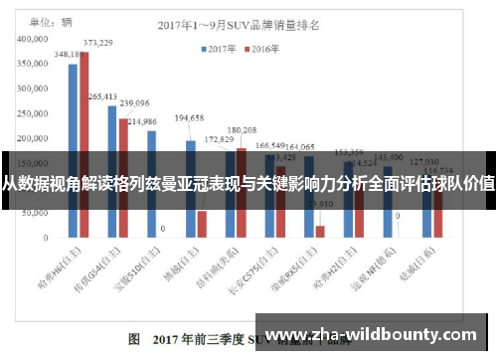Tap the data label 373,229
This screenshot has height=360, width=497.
pyautogui.click(x=97, y=43)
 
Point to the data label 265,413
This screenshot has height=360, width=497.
pyautogui.click(x=103, y=96)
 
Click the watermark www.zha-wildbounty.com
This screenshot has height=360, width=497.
pyautogui.click(x=377, y=335)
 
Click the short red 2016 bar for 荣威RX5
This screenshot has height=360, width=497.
pyautogui.click(x=320, y=233)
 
